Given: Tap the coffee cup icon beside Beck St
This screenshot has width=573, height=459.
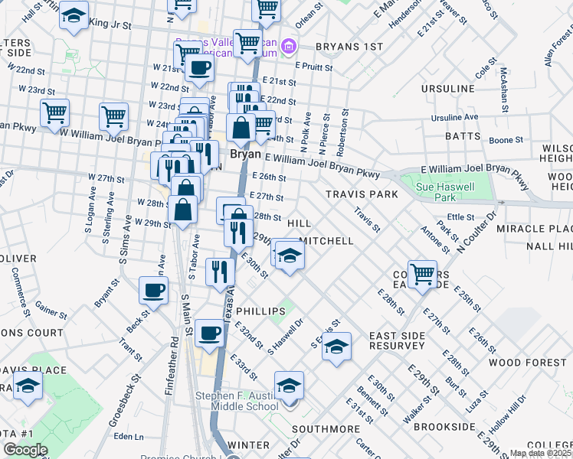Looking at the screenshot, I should pyautogui.click(x=153, y=291).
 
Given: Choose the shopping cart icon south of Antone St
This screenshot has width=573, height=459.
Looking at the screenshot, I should pyautogui.click(x=422, y=273).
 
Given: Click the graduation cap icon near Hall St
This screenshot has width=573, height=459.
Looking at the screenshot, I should pyautogui.click(x=74, y=17).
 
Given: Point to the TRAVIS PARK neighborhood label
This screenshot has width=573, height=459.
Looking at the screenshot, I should pyautogui.click(x=362, y=194).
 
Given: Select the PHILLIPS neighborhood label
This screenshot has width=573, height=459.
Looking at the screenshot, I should pyautogui.click(x=260, y=312).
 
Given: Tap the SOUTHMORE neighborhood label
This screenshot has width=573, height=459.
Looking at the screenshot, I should pyautogui.click(x=326, y=428).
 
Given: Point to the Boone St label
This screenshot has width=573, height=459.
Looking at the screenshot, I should pyautogui.click(x=506, y=140).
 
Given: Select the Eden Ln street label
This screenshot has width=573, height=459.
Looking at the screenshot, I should pyautogui.click(x=128, y=437).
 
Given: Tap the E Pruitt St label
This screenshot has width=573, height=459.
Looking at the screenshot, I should pyautogui.click(x=313, y=67).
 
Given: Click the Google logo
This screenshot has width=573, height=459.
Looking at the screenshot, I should pyautogui.click(x=25, y=449).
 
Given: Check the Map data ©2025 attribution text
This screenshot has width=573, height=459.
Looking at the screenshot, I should pyautogui.click(x=539, y=453).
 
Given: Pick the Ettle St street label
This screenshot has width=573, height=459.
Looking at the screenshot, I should pyautogui.click(x=461, y=217).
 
